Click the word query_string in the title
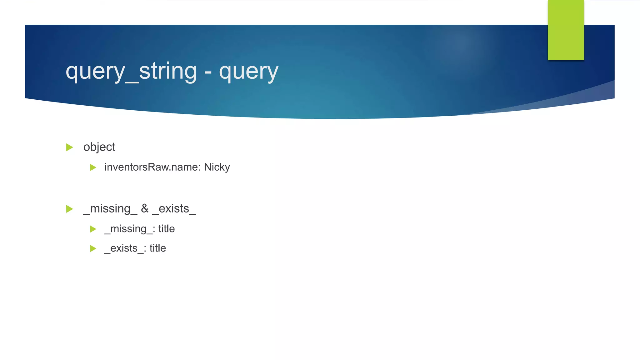(131, 72)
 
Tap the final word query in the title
(248, 72)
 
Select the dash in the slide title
(208, 72)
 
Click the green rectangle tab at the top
(566, 30)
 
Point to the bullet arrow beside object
(69, 147)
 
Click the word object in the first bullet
(99, 147)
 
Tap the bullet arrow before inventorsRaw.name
(93, 167)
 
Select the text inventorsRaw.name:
(152, 167)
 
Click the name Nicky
(217, 167)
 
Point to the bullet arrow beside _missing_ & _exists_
(69, 209)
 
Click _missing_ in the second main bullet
(110, 209)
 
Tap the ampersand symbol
(145, 208)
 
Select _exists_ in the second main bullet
(174, 209)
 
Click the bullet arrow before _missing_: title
(93, 229)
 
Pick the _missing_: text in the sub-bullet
(130, 229)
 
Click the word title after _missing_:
(167, 229)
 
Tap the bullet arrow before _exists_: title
(93, 248)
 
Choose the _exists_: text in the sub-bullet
(125, 248)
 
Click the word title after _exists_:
(158, 248)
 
